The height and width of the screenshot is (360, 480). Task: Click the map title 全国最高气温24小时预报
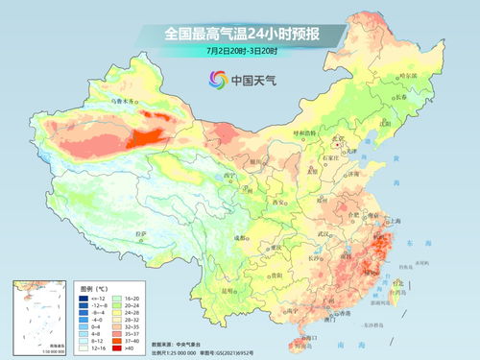point(241,35)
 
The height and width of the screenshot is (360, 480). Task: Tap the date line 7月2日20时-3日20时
point(241,51)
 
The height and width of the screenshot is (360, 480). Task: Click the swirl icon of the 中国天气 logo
point(212,80)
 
